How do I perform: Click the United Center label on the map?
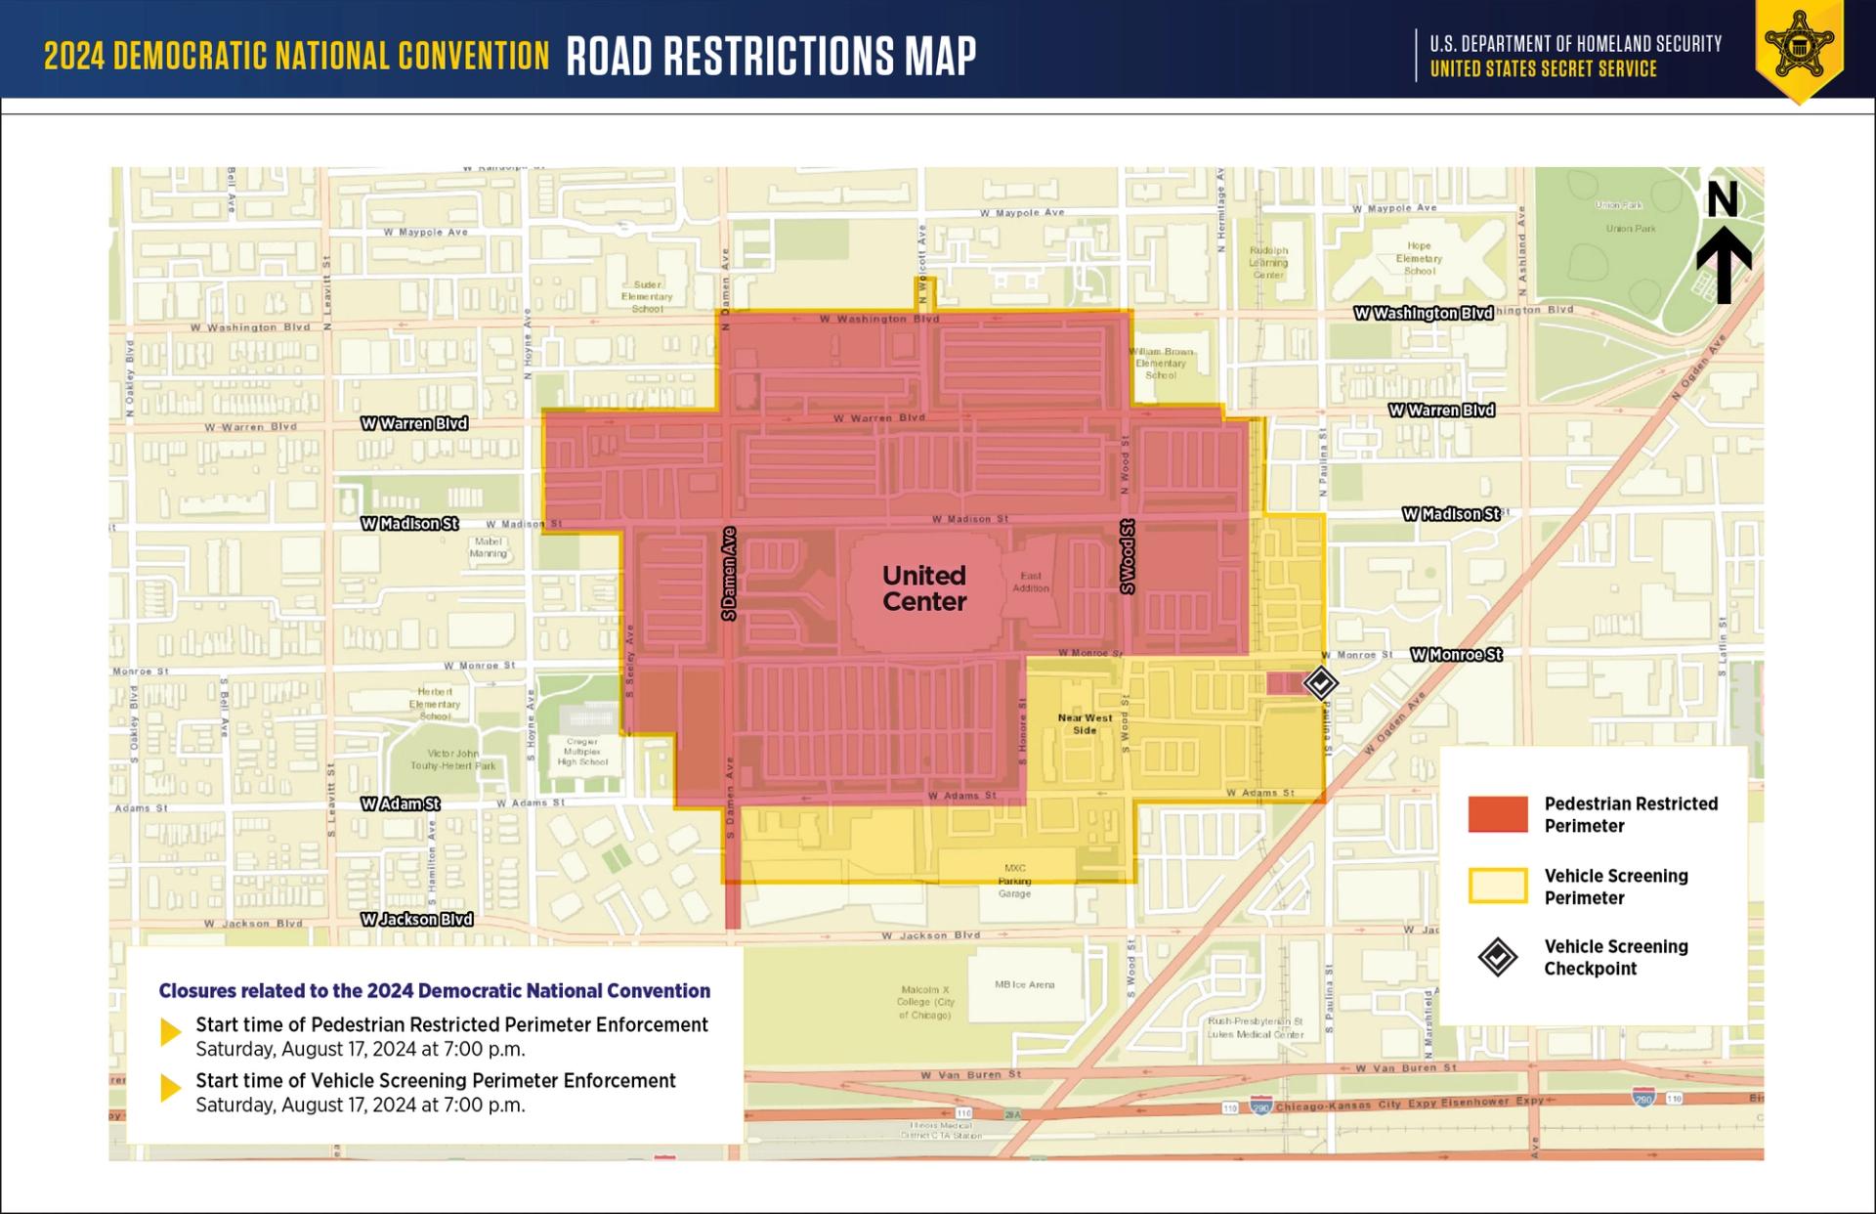point(923,588)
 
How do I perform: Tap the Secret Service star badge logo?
point(1799,46)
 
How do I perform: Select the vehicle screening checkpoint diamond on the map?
point(1320,682)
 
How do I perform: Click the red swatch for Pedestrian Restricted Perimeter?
point(1497,814)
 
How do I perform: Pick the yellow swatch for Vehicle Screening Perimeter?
point(1497,886)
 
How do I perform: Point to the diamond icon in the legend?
point(1497,957)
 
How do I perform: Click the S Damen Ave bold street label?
point(729,574)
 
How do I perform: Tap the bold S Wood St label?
point(1127,556)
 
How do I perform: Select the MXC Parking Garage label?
point(1014,881)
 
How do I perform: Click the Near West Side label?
point(1085,723)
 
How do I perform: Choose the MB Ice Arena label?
point(1024,984)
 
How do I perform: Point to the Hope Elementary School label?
point(1419,258)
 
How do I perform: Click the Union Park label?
point(1630,229)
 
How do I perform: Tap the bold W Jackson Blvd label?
point(416,920)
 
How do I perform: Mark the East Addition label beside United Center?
point(1031,582)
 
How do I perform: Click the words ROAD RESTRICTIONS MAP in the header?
point(771,56)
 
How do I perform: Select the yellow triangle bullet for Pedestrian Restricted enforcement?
point(171,1032)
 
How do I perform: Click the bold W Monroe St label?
point(1456,655)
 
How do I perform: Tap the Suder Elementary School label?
point(647,296)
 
